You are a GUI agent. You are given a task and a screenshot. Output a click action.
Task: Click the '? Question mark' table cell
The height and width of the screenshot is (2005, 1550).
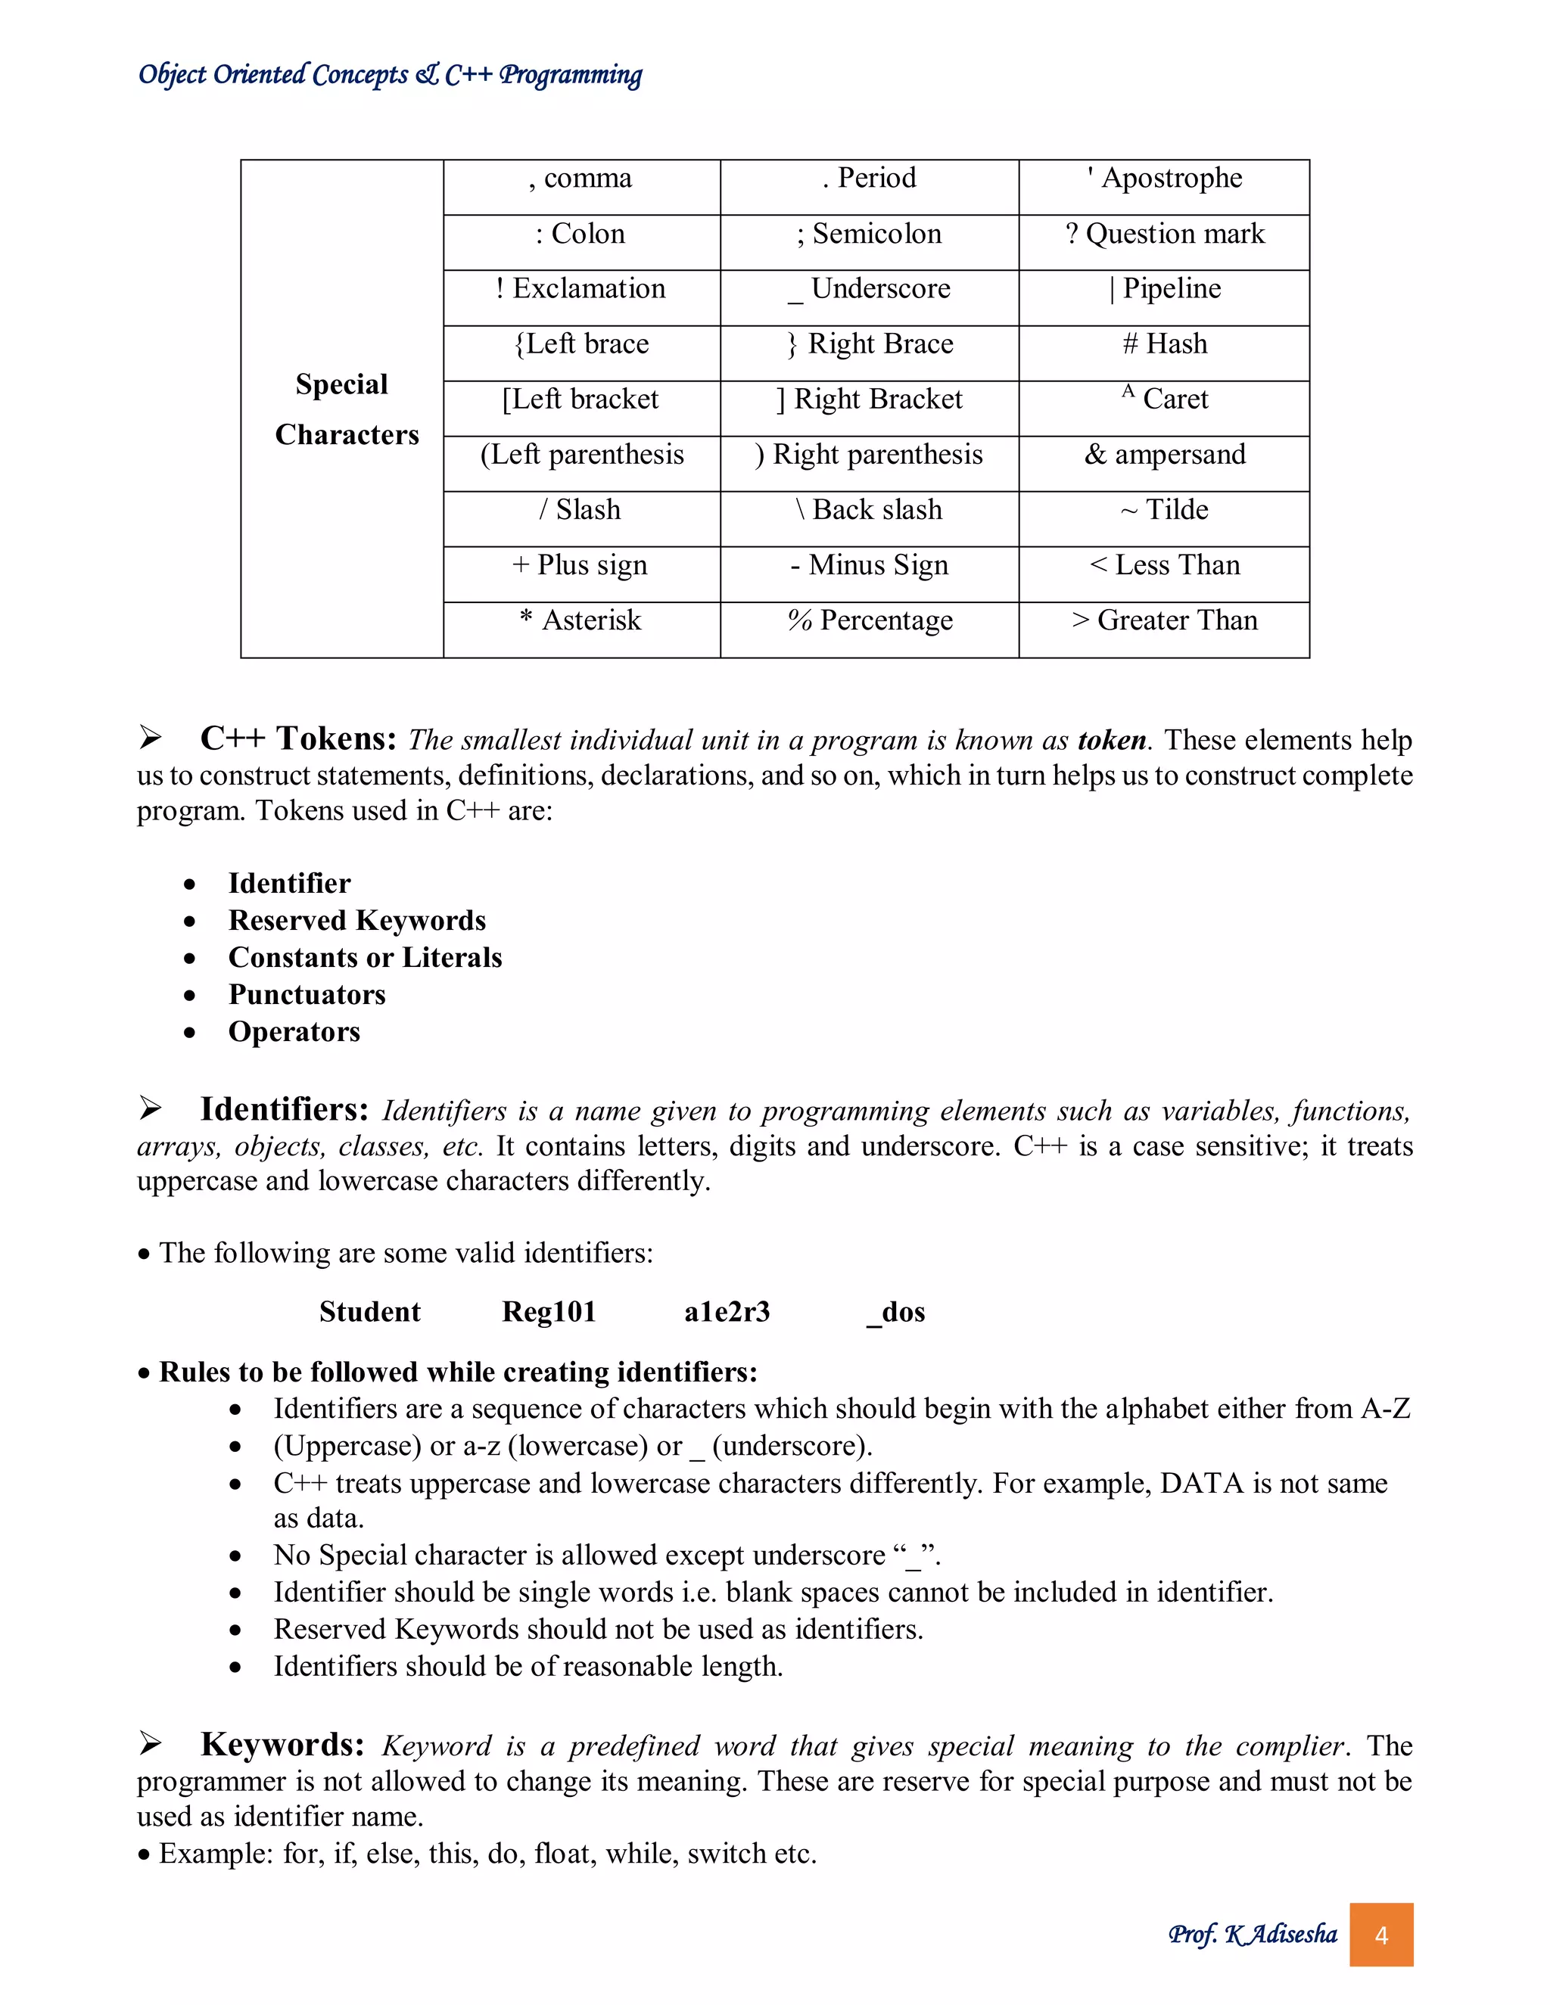tap(1163, 235)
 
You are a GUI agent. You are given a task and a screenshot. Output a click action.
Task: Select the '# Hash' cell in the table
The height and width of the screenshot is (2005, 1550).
tap(1163, 345)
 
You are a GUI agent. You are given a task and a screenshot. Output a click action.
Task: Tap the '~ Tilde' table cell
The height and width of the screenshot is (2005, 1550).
tap(1163, 511)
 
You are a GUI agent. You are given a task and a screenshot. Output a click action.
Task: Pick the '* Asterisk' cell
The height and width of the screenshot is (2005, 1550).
tap(580, 621)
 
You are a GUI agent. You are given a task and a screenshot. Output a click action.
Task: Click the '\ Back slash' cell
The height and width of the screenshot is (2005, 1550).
tap(869, 511)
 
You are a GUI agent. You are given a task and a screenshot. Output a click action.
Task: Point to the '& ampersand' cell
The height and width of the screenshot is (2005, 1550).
tap(1163, 456)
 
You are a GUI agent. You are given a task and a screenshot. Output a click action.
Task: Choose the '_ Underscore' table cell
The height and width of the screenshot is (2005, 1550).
tap(869, 290)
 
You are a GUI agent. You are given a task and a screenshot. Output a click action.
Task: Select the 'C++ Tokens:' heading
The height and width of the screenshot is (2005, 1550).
tap(298, 739)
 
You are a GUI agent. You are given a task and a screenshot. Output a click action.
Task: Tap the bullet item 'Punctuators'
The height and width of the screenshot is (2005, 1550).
tap(307, 995)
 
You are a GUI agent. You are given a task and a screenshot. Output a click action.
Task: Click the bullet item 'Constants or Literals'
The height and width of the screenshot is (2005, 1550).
tap(365, 959)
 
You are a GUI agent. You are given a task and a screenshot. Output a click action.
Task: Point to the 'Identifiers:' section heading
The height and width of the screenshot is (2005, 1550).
tap(285, 1110)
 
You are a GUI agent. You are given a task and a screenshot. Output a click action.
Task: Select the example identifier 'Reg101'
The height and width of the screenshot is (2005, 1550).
tap(548, 1313)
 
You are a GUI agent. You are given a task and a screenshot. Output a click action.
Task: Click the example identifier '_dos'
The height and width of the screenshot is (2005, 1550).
tap(896, 1313)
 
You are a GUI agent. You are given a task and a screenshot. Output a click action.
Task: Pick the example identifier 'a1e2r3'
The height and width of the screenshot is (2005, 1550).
tap(727, 1313)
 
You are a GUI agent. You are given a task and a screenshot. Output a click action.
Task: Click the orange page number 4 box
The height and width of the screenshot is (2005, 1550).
tap(1380, 1935)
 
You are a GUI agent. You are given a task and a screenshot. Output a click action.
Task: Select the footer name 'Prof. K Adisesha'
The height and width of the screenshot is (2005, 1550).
tap(1252, 1935)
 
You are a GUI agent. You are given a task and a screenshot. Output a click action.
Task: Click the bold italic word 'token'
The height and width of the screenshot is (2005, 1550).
tap(1112, 741)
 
